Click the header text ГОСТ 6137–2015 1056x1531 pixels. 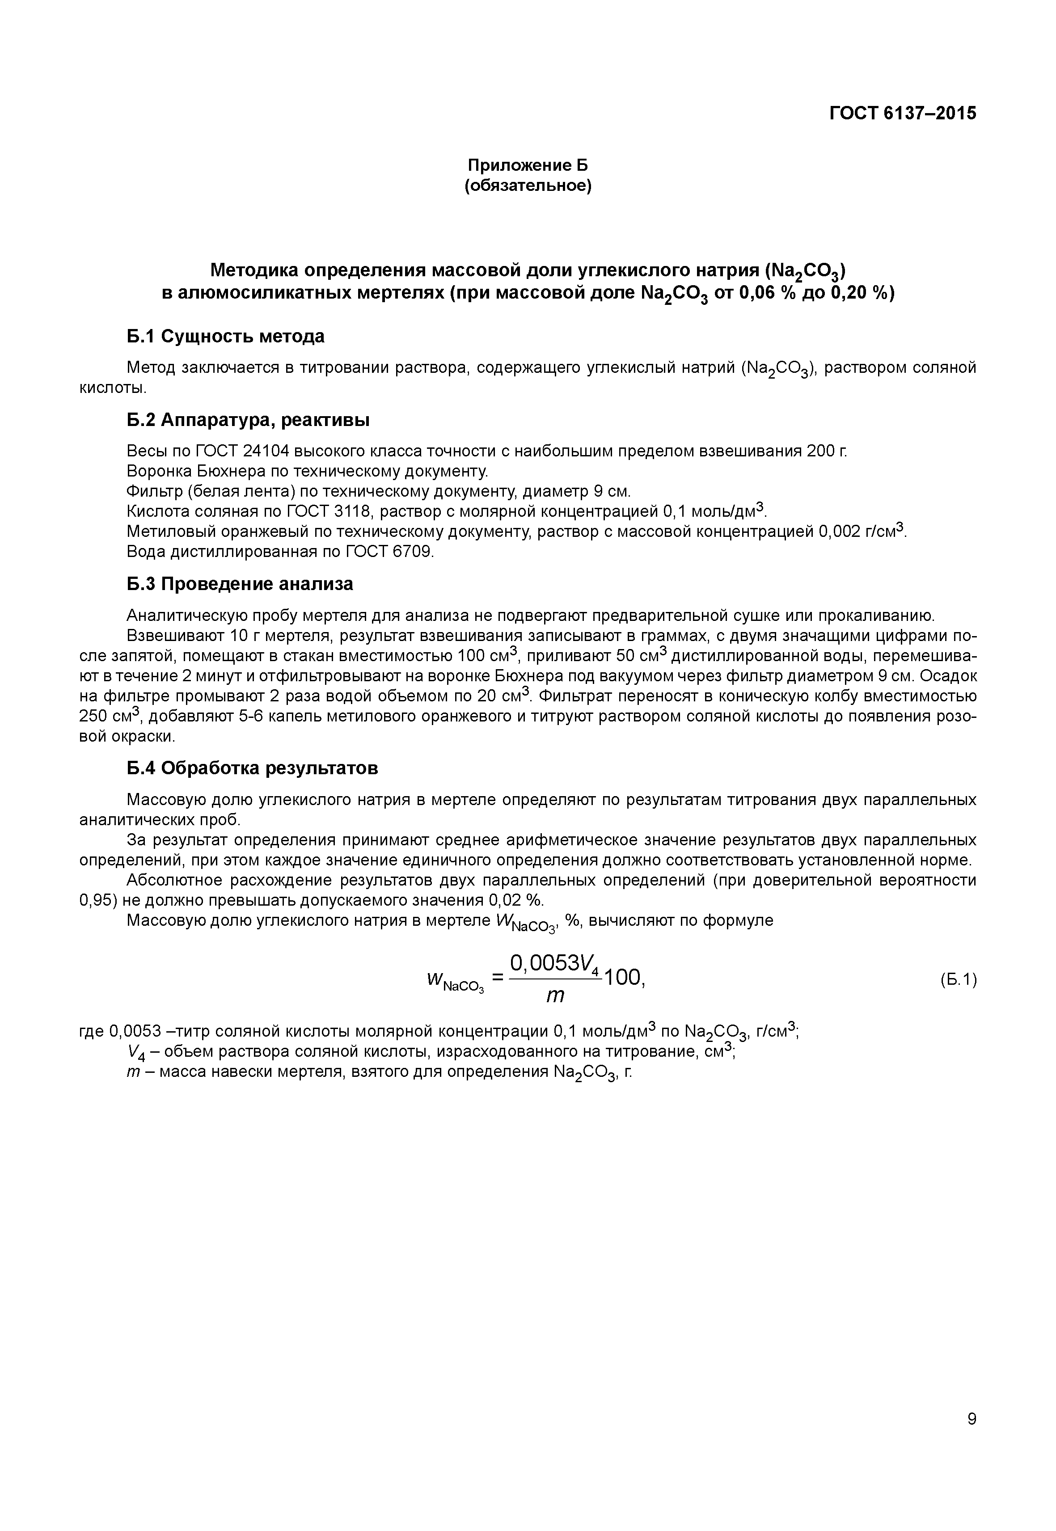(903, 113)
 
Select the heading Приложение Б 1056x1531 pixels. (528, 165)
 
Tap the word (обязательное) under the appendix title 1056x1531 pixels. (528, 186)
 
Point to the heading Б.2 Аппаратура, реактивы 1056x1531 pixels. (248, 420)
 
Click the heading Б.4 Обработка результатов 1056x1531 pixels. (252, 768)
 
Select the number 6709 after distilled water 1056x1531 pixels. (413, 552)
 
